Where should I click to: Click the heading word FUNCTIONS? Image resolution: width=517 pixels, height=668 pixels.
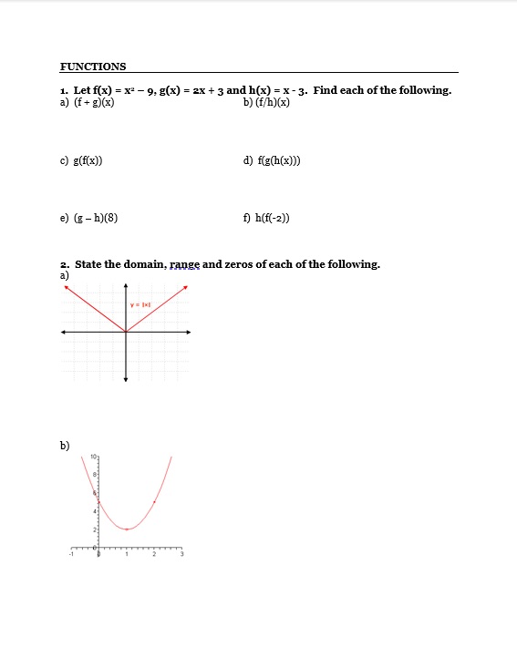(93, 67)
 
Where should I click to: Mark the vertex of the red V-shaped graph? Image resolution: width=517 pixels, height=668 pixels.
(126, 332)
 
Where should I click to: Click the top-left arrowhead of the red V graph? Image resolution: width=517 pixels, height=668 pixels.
(65, 288)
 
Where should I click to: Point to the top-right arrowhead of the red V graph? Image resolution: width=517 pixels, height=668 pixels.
(186, 288)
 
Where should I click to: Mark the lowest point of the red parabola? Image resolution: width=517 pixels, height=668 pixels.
(127, 529)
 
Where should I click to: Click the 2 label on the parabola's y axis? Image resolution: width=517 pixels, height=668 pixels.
(92, 529)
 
